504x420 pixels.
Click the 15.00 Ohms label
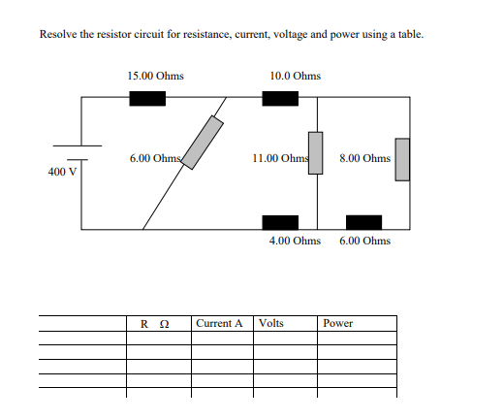(x=155, y=75)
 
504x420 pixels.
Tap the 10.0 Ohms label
(x=296, y=75)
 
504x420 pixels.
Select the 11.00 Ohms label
(x=279, y=157)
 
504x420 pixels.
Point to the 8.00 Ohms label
(x=365, y=157)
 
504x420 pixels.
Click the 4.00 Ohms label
(x=295, y=240)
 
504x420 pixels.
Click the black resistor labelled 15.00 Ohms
(x=147, y=97)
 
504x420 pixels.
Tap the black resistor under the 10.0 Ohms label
(x=279, y=97)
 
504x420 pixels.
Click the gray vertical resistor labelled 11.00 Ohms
(x=315, y=152)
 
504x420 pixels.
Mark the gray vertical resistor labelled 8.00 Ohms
(x=402, y=158)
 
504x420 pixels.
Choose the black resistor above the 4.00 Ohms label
(x=279, y=223)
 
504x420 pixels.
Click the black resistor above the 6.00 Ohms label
(x=363, y=223)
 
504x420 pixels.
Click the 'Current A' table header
(x=219, y=323)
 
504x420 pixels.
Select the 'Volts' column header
(x=271, y=323)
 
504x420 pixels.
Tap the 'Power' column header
(x=338, y=323)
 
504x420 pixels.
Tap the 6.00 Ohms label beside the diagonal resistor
(x=155, y=158)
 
